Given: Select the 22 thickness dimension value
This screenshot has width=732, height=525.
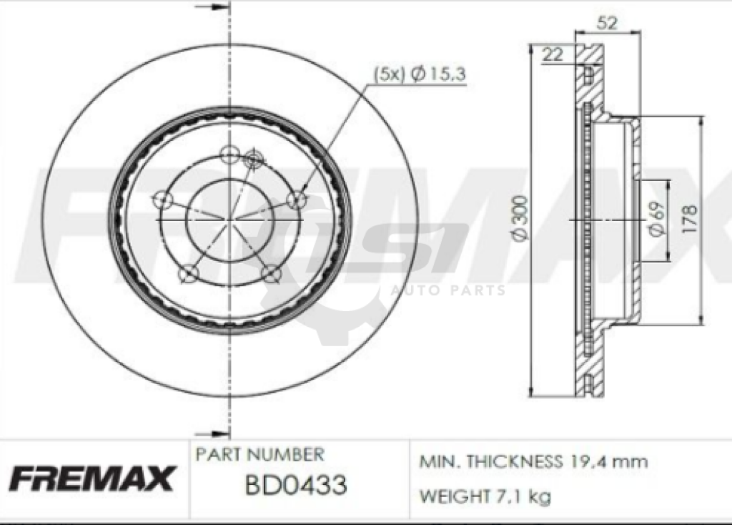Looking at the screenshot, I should pos(551,54).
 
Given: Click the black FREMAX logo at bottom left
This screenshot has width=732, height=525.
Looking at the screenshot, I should pos(91,478).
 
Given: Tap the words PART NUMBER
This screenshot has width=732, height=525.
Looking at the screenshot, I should pos(259,454).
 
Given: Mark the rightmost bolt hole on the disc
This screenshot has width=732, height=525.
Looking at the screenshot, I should pos(296,200).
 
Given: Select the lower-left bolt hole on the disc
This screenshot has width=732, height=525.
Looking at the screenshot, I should pos(187,273).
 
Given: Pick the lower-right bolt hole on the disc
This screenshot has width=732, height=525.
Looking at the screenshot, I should pos(269,273).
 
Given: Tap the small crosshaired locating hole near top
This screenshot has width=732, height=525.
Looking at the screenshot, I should pos(253,160).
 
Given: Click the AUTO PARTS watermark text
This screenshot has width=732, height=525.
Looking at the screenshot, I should pos(448,290).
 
